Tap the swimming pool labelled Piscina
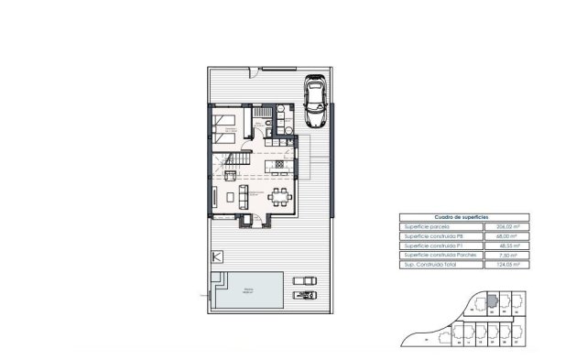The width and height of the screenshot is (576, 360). point(248,291)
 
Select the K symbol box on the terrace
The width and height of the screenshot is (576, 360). point(217,256)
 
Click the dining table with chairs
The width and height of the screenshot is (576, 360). point(280,195)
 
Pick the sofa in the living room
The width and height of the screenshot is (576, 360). point(244,195)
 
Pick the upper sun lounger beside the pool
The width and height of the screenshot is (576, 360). point(305,281)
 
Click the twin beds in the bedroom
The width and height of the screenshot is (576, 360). point(228,123)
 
